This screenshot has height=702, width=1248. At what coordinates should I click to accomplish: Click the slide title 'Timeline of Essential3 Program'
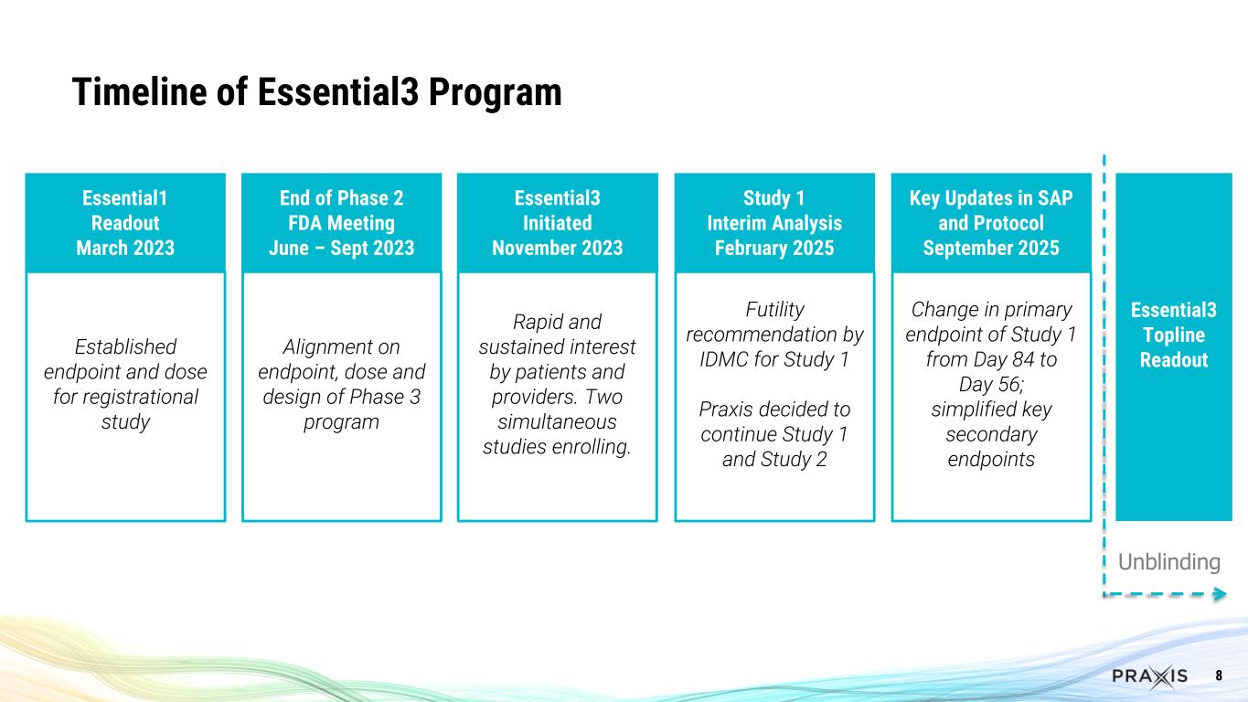[x=316, y=92]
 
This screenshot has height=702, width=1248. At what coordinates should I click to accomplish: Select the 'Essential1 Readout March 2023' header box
[x=125, y=223]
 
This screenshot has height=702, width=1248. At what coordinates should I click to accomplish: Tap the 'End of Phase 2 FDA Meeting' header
[x=341, y=223]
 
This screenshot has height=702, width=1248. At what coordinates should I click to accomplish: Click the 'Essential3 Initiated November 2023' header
[x=557, y=223]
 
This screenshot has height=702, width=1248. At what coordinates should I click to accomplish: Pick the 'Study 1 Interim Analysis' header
[x=774, y=223]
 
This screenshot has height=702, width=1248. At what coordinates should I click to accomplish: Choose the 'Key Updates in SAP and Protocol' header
[x=991, y=223]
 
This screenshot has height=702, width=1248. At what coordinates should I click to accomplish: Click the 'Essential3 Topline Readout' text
[x=1173, y=335]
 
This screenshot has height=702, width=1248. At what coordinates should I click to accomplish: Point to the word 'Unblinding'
[x=1169, y=561]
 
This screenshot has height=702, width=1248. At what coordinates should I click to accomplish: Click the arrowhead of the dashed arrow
[x=1220, y=595]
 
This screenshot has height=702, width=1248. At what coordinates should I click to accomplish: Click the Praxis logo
[x=1149, y=675]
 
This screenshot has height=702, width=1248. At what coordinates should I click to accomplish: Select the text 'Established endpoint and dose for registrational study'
[x=125, y=385]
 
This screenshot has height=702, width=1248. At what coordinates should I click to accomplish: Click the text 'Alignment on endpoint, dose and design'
[x=341, y=385]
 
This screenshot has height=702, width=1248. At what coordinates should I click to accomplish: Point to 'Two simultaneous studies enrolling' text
[x=557, y=422]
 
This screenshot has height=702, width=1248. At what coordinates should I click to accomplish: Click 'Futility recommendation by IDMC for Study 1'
[x=774, y=334]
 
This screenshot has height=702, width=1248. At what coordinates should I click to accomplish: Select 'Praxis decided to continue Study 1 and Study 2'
[x=774, y=433]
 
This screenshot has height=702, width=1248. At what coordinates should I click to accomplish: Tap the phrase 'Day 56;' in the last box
[x=991, y=384]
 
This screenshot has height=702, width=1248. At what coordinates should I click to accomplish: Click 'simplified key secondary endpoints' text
[x=991, y=433]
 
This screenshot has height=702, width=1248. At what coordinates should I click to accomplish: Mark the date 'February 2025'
[x=774, y=248]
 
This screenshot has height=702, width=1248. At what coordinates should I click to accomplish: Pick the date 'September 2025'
[x=991, y=248]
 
